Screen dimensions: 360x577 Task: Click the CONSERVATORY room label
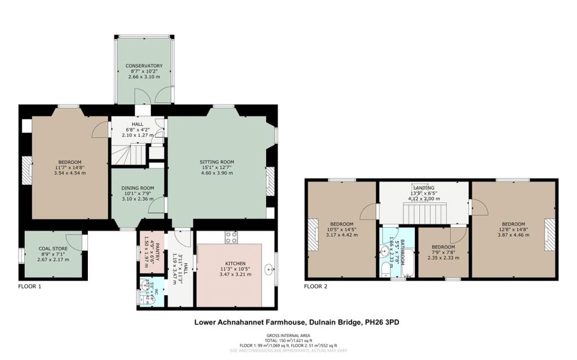click(x=144, y=66)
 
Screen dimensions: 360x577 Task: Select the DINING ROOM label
click(x=137, y=188)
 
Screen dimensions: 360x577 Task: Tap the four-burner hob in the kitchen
click(x=230, y=237)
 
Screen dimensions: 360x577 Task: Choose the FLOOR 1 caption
click(x=32, y=286)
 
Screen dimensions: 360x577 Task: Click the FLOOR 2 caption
click(x=316, y=286)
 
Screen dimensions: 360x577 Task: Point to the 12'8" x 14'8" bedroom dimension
click(x=513, y=229)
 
